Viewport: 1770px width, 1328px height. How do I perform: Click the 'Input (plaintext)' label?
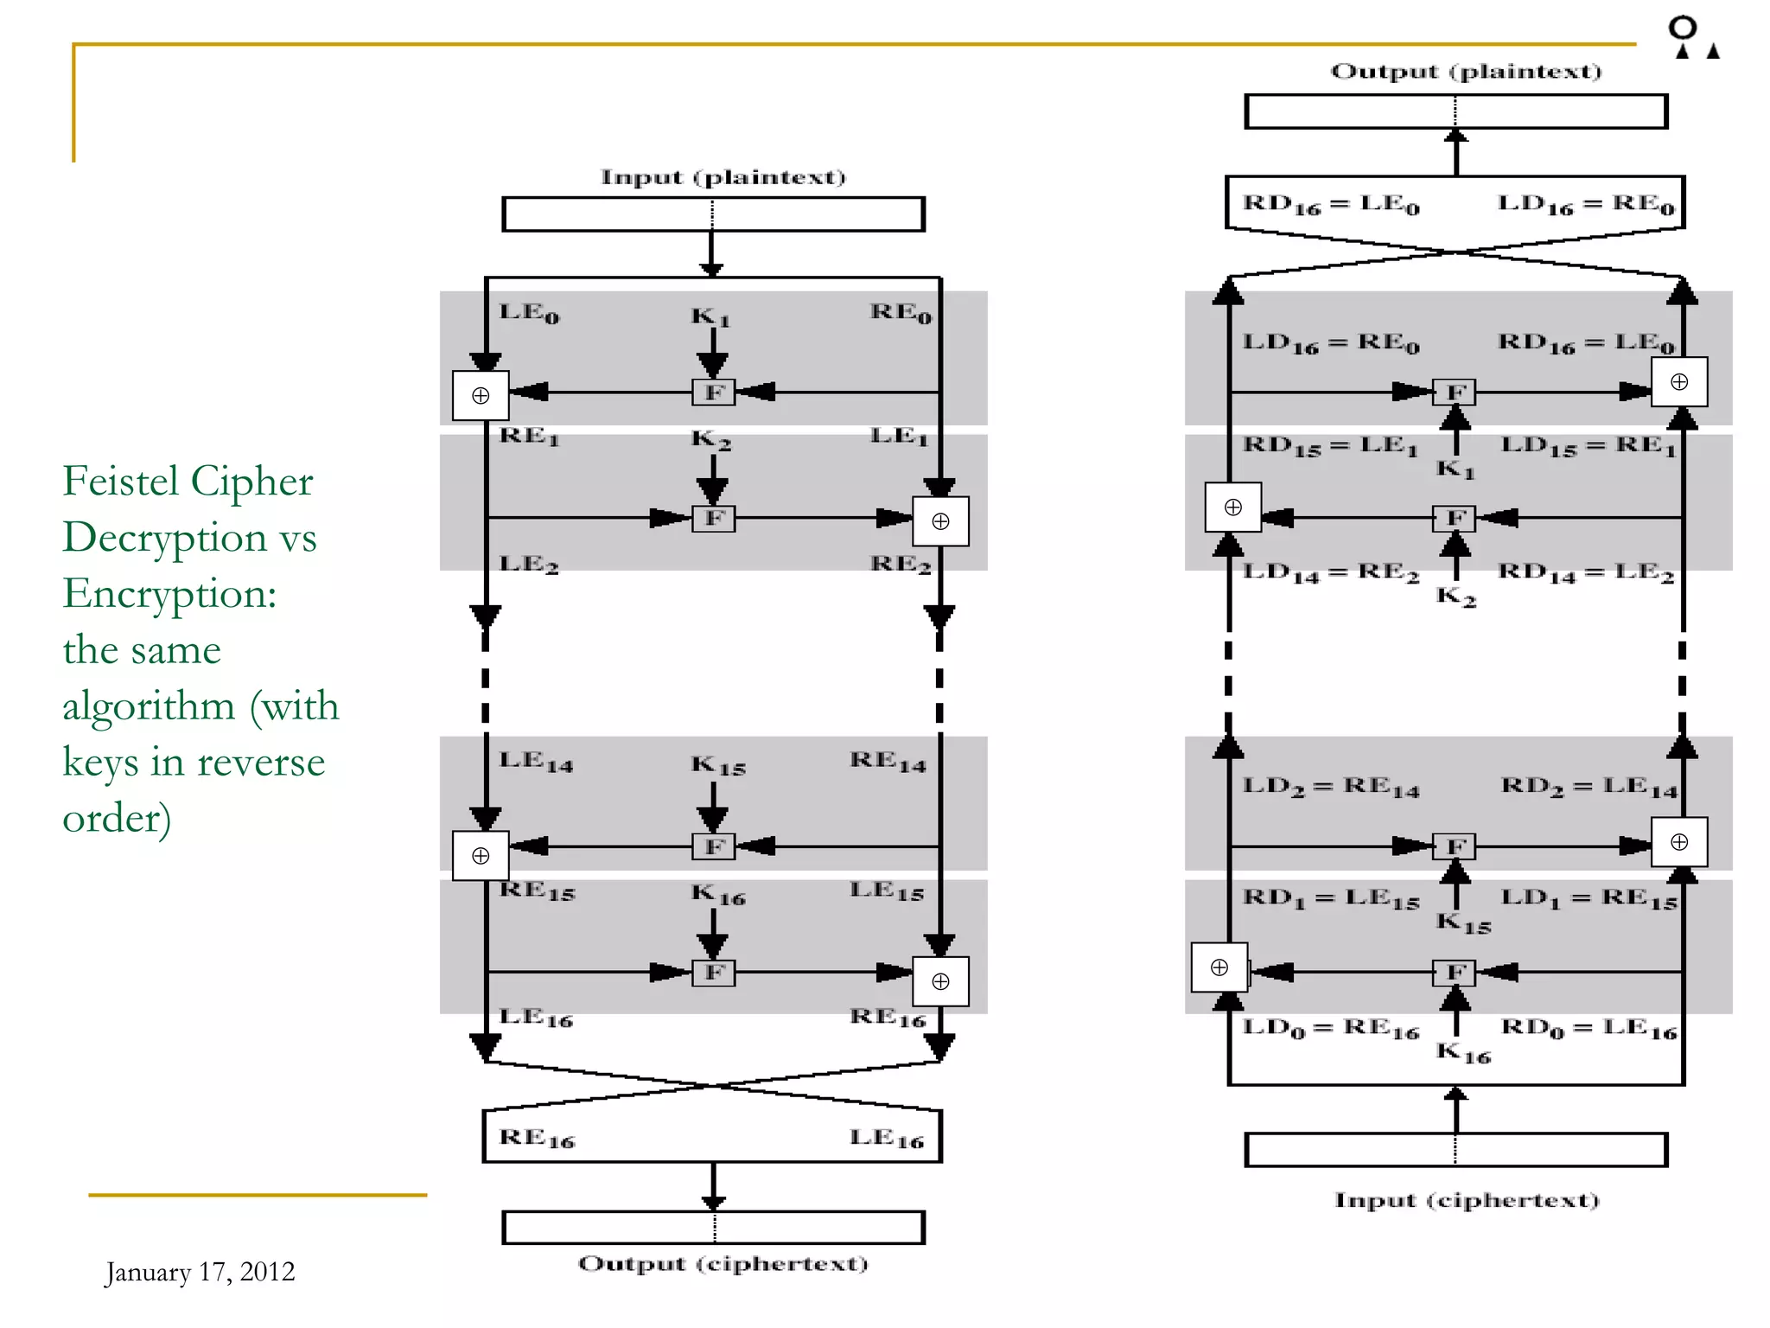pos(723,177)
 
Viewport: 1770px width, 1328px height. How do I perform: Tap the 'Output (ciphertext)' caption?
pos(723,1263)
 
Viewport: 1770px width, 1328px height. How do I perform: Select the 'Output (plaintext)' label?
pos(1466,71)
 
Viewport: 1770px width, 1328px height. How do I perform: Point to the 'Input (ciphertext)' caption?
pos(1467,1200)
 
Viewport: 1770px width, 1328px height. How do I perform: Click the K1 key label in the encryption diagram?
pos(710,316)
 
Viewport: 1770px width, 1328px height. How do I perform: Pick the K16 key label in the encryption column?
pos(717,894)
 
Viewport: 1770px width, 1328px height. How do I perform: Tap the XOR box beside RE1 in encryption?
pos(481,396)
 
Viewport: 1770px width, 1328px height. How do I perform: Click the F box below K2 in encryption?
pos(714,519)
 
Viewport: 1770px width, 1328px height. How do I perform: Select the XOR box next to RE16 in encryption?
pos(940,981)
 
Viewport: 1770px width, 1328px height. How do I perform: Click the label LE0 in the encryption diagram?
pos(529,312)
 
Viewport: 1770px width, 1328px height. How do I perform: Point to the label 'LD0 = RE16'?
pos(1331,1028)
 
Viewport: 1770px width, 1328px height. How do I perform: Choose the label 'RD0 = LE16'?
pos(1589,1028)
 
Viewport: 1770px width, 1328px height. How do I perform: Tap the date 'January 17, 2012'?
pos(200,1272)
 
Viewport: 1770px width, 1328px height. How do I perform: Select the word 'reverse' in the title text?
pos(260,762)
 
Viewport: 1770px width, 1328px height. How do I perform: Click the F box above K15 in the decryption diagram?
pos(1455,846)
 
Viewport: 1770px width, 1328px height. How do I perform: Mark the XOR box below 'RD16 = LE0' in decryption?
pos(1678,382)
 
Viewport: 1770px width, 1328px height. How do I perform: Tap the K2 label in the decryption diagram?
pos(1455,596)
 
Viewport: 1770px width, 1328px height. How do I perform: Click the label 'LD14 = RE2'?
pos(1331,572)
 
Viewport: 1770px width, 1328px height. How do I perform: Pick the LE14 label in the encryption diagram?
pos(536,761)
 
